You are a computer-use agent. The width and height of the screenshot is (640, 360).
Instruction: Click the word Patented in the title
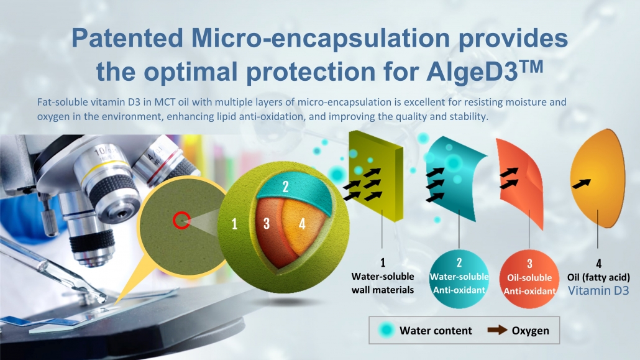tap(127, 39)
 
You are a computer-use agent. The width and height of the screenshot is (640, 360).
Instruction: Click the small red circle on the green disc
tap(181, 220)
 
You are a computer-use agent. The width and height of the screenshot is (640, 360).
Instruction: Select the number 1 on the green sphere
tap(234, 224)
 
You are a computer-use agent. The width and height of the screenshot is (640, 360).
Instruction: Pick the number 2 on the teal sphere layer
tap(286, 187)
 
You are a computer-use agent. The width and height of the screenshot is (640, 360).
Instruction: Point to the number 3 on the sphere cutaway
tap(267, 223)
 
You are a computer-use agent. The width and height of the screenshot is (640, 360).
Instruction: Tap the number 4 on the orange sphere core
tap(302, 223)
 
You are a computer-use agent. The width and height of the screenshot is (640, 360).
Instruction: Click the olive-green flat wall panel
tap(376, 176)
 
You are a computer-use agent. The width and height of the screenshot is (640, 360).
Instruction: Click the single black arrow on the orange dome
tap(581, 184)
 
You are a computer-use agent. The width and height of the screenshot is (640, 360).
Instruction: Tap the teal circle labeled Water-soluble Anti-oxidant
tap(459, 279)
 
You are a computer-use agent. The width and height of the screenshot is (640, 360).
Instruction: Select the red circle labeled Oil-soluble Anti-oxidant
tap(529, 279)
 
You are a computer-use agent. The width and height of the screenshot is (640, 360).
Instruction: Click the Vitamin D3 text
tap(598, 291)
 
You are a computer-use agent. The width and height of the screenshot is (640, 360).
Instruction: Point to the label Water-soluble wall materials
tap(383, 283)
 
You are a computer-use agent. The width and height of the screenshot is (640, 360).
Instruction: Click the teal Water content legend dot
tap(386, 330)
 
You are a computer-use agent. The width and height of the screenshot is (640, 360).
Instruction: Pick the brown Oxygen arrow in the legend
tap(497, 330)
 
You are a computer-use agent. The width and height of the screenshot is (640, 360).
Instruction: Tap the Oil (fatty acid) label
tap(598, 277)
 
